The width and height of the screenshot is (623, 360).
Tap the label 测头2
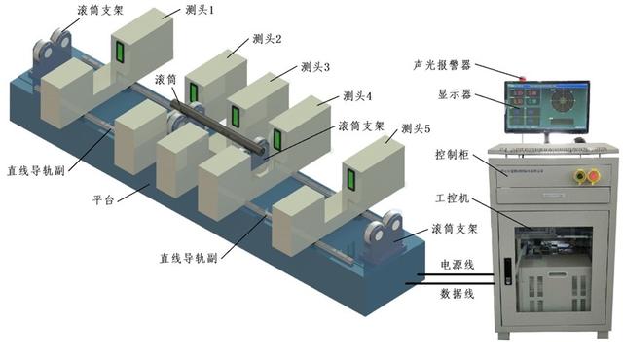point(266,39)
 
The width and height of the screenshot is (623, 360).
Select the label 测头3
point(313,67)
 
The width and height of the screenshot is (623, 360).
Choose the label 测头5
point(416,126)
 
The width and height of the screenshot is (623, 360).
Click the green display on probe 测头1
point(120,51)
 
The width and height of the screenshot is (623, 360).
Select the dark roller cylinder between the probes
point(219,123)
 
